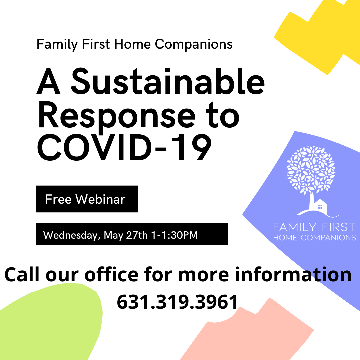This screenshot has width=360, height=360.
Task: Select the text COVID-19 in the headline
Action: (124, 147)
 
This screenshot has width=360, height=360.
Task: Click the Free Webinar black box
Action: (87, 199)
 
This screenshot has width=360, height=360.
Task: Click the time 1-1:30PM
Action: (174, 235)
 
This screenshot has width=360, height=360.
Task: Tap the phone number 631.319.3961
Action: (177, 302)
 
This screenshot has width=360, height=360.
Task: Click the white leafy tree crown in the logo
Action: (311, 170)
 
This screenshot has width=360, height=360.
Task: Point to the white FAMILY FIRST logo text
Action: (314, 227)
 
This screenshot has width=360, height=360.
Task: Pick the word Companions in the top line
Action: (194, 44)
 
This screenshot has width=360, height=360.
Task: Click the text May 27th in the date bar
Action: (126, 235)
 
